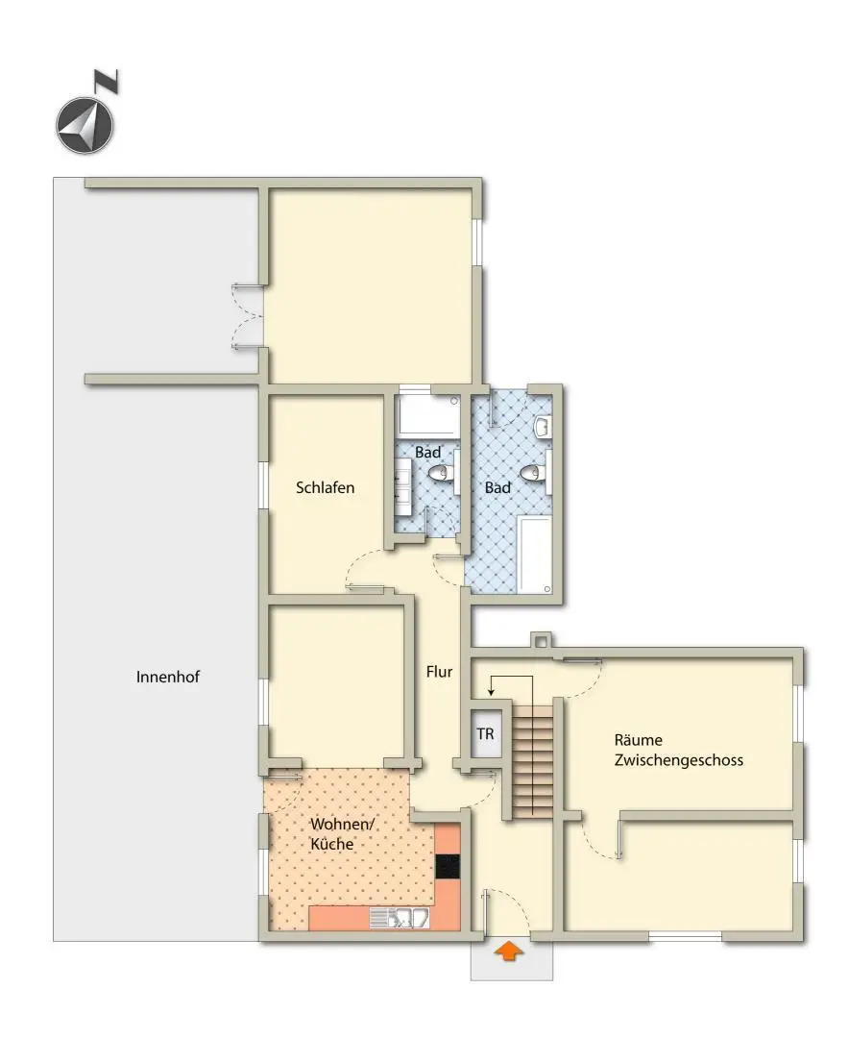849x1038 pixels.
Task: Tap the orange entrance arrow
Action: (x=509, y=951)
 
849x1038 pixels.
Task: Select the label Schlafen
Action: (x=326, y=487)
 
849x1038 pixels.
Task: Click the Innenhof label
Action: (x=168, y=676)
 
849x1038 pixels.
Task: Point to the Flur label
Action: (x=439, y=672)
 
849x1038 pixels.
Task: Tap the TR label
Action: (x=486, y=734)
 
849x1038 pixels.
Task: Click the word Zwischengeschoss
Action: (x=678, y=759)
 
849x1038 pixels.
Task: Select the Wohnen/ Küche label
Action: (x=333, y=834)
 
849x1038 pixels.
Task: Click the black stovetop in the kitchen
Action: (x=448, y=866)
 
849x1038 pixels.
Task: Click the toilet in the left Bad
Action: (x=442, y=472)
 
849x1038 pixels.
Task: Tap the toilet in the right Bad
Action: (x=532, y=472)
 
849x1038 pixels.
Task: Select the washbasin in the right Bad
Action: (x=543, y=426)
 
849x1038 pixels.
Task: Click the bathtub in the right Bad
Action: (x=534, y=554)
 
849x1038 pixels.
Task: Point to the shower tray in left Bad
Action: (x=427, y=414)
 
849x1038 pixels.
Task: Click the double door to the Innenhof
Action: (x=247, y=316)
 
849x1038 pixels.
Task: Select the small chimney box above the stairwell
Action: (x=542, y=639)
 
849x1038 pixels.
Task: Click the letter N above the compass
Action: (x=109, y=81)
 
